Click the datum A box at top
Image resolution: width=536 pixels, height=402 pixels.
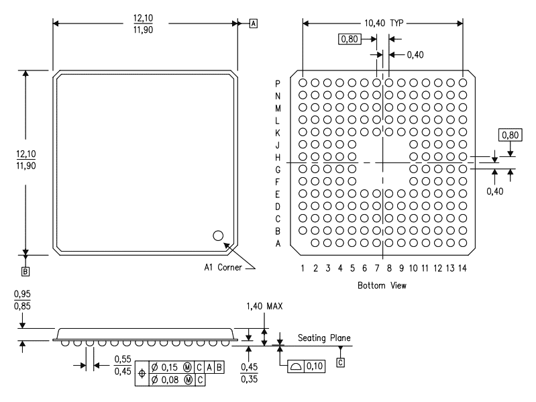click(254, 23)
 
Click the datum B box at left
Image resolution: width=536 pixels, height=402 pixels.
click(25, 271)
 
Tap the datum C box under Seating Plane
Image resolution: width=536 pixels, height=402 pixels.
click(341, 362)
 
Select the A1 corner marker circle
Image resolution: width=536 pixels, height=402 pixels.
click(218, 236)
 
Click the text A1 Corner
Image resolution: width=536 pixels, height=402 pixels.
click(223, 267)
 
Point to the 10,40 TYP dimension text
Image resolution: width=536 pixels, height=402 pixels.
click(384, 23)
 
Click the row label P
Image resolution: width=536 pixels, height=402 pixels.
click(278, 84)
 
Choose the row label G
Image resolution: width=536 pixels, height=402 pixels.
click(278, 170)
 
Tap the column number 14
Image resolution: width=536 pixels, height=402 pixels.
click(462, 268)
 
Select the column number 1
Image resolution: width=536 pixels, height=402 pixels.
click(303, 268)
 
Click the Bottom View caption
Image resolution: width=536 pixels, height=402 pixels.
click(382, 285)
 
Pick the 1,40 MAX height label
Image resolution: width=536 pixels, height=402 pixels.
click(264, 306)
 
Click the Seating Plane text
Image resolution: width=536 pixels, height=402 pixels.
click(324, 338)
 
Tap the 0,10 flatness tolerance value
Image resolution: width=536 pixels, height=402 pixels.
click(315, 366)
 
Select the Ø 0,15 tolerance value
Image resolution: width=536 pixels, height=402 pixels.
click(164, 368)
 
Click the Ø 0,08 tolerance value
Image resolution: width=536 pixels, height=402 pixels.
click(164, 380)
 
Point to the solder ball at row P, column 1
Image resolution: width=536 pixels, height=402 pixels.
click(303, 83)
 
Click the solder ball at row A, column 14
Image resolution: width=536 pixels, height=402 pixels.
click(462, 243)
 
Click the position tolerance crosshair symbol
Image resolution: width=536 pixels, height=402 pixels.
click(142, 374)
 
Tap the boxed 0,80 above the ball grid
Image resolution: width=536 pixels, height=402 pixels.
click(350, 39)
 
